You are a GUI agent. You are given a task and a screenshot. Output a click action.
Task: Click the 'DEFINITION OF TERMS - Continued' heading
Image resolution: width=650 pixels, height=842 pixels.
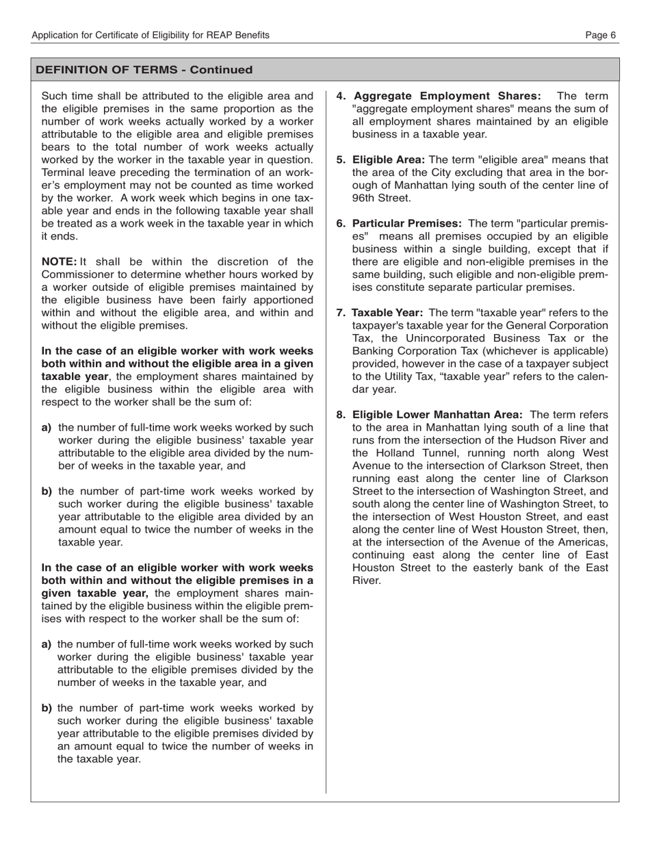(144, 70)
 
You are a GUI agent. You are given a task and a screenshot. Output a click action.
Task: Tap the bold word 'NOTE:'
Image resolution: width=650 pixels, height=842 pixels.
(59, 261)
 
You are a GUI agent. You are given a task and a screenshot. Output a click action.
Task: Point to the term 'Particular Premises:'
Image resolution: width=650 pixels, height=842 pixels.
(407, 223)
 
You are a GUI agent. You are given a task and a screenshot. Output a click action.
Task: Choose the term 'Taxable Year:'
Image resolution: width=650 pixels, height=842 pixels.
(387, 313)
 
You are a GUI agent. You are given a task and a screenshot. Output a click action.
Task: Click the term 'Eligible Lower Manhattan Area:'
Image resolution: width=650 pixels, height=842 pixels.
(437, 415)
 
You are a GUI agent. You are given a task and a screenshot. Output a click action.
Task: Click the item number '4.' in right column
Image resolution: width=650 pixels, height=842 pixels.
(340, 96)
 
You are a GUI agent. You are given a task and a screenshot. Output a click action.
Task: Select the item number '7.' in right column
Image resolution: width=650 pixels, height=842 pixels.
(340, 313)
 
